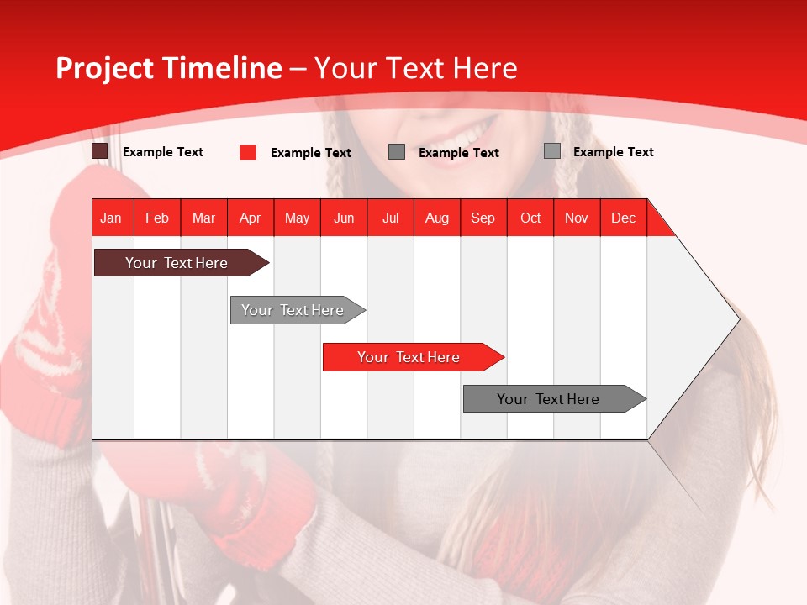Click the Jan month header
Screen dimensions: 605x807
pos(112,218)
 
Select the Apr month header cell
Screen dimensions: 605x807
pos(251,218)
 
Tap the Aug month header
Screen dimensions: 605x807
pos(437,218)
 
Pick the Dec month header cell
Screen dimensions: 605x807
pos(624,218)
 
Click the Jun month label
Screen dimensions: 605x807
pos(344,218)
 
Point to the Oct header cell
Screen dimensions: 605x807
pos(530,218)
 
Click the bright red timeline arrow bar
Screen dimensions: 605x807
pos(410,357)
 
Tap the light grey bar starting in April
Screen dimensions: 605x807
pos(294,310)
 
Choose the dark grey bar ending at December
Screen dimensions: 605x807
pos(551,399)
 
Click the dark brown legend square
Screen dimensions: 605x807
pos(100,151)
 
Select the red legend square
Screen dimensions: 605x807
pos(248,152)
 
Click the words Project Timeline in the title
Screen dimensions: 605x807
pos(169,68)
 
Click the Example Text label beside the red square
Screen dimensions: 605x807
pos(311,153)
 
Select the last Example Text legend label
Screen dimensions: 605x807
pos(614,152)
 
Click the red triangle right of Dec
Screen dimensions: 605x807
pos(658,224)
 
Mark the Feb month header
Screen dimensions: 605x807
pos(157,218)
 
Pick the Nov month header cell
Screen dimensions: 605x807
pos(577,218)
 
